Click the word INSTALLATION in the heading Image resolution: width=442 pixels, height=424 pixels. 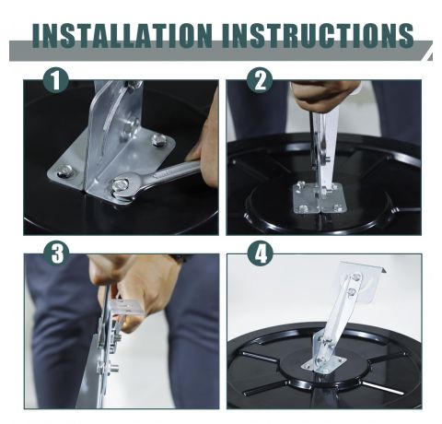(x=122, y=35)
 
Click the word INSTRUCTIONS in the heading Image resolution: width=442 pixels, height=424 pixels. (x=317, y=35)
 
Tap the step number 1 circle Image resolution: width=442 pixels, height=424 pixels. (x=56, y=80)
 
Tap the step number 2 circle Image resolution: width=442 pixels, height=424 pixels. (x=260, y=80)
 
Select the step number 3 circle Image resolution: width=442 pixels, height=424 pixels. (x=57, y=253)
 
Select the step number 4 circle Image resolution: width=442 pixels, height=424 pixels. (x=261, y=253)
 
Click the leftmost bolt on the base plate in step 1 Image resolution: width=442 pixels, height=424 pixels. (x=64, y=171)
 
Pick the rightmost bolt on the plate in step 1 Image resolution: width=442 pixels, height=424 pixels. (x=158, y=140)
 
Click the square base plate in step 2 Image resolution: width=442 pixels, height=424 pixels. (x=320, y=197)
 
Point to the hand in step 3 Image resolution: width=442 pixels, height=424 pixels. (x=135, y=288)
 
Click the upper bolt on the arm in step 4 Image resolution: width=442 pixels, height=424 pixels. (x=356, y=277)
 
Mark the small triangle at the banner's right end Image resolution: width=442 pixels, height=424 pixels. (x=430, y=57)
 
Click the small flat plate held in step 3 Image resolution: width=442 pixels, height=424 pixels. (x=126, y=307)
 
